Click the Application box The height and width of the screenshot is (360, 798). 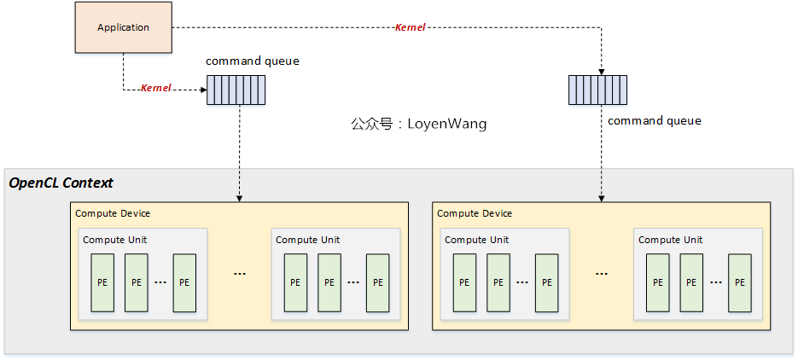(x=123, y=27)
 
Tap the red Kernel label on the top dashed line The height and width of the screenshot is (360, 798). (x=410, y=27)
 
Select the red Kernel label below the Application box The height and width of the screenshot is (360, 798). (x=155, y=88)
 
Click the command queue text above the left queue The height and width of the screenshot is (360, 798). (x=253, y=61)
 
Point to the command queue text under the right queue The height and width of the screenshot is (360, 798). (x=654, y=121)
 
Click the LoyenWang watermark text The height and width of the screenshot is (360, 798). (x=418, y=124)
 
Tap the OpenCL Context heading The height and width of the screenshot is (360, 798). (x=61, y=183)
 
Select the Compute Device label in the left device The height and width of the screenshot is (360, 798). (x=113, y=213)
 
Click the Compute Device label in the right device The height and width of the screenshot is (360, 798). (x=475, y=213)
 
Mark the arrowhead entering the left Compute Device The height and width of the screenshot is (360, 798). (x=238, y=199)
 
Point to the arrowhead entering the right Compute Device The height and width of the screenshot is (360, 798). (x=602, y=199)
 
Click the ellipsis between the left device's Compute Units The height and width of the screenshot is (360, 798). (x=240, y=274)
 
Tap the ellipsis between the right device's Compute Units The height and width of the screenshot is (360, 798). (x=602, y=274)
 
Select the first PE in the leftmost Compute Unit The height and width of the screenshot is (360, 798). (x=102, y=282)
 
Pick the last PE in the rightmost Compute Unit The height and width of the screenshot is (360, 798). (x=740, y=282)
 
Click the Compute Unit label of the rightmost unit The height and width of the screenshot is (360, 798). (x=671, y=240)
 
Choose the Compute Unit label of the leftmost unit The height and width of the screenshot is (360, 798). (x=115, y=240)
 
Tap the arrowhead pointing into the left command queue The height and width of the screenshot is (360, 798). (x=203, y=89)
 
